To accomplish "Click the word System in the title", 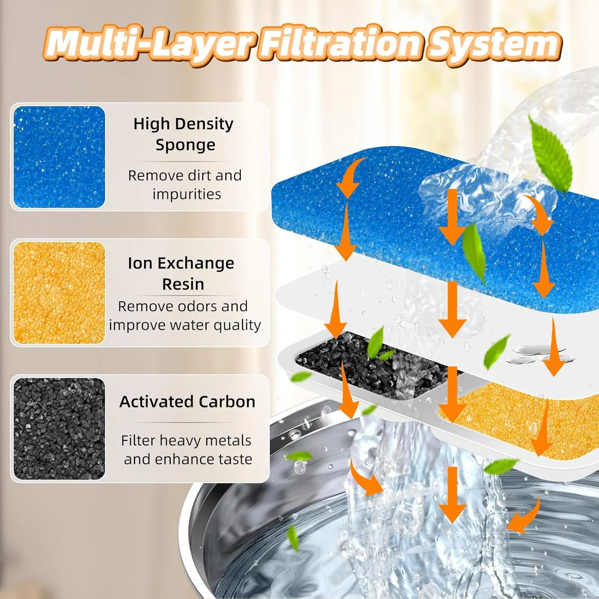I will [494, 45].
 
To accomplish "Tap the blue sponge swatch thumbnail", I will [59, 157].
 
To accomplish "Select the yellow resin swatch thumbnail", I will [59, 293].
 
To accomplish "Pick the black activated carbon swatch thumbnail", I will [59, 428].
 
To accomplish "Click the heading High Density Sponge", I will [184, 134].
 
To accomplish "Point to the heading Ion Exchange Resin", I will [182, 274].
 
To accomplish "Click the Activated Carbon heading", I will [187, 402].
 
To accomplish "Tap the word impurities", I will [186, 194].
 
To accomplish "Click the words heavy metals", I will [204, 441].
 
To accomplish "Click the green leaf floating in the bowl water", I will [293, 537].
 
